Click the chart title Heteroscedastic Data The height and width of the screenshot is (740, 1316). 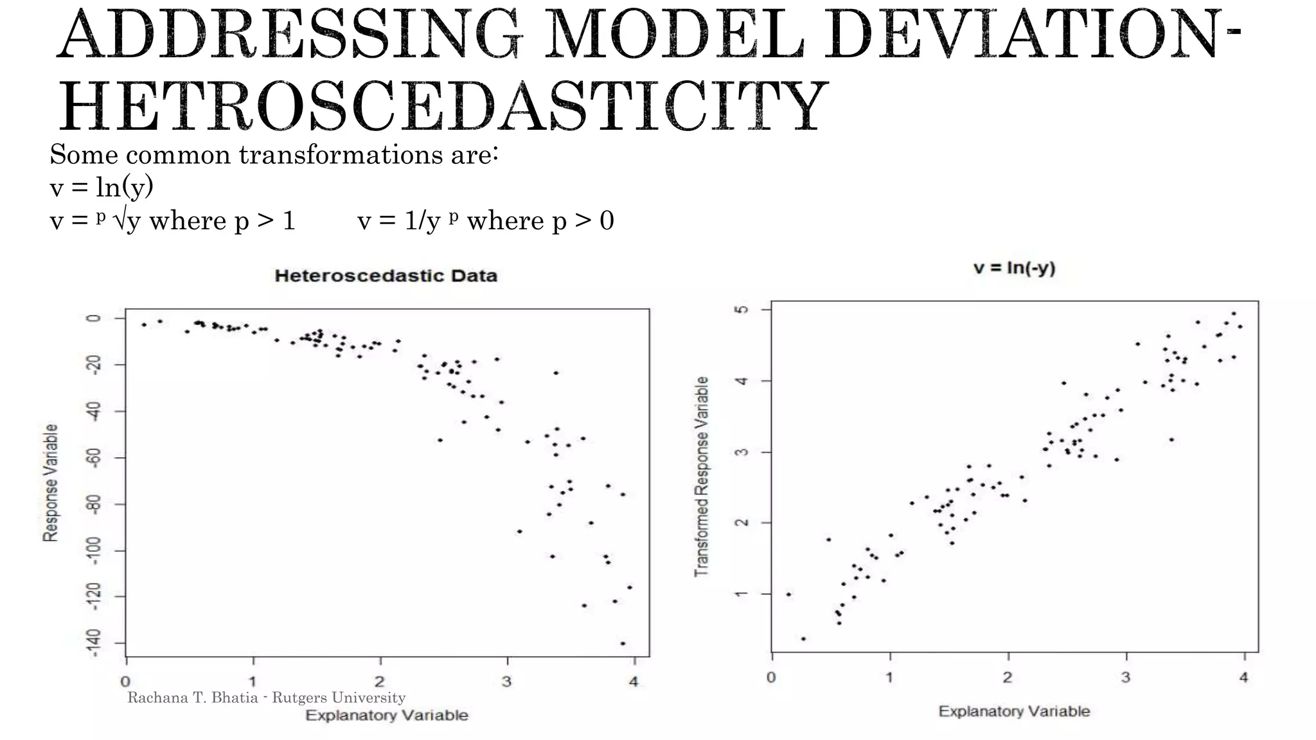coord(386,276)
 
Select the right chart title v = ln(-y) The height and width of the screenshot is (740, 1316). coord(1014,268)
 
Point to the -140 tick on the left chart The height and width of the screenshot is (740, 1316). coord(94,643)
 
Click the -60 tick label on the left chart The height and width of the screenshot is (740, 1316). coord(94,457)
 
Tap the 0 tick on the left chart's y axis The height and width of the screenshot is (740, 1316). coord(94,319)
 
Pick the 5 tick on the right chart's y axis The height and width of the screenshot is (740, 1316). coord(742,310)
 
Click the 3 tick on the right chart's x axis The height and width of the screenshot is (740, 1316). coord(1125,677)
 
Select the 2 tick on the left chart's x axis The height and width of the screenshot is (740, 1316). coord(380,682)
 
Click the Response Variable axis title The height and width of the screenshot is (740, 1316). coord(50,482)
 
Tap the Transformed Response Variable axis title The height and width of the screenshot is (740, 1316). coord(702,476)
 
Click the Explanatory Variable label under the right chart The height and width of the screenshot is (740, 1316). coord(1014,711)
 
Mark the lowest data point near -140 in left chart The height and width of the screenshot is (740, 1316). coord(623,643)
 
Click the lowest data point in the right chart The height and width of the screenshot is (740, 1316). coord(803,639)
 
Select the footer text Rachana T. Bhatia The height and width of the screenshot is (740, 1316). coord(193,698)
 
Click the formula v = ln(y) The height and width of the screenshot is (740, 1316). coord(102,187)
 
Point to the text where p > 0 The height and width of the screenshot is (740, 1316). coord(540,220)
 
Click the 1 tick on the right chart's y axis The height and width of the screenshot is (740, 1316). coord(742,594)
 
